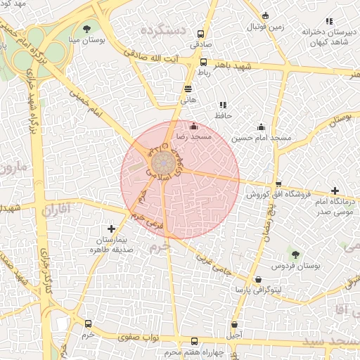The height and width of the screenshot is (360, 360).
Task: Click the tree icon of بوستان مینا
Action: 86,29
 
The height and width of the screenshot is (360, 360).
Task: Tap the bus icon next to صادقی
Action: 202,34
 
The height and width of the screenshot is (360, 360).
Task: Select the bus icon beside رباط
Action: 203,63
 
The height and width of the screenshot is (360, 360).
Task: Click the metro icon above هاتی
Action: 188,89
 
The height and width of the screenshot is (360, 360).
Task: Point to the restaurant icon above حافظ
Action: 223,105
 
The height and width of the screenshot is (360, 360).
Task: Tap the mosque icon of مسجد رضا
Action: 194,126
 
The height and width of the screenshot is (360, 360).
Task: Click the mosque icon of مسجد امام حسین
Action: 262,127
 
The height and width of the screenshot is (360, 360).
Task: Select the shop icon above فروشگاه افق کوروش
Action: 278,184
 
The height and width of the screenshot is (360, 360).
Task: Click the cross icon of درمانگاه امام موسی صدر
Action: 335,191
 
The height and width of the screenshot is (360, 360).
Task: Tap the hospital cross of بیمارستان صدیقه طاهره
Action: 111,229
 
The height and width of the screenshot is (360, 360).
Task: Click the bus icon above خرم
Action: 88,323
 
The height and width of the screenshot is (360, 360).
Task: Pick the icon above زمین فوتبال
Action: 265,15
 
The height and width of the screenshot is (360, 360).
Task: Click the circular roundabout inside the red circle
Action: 161,162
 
